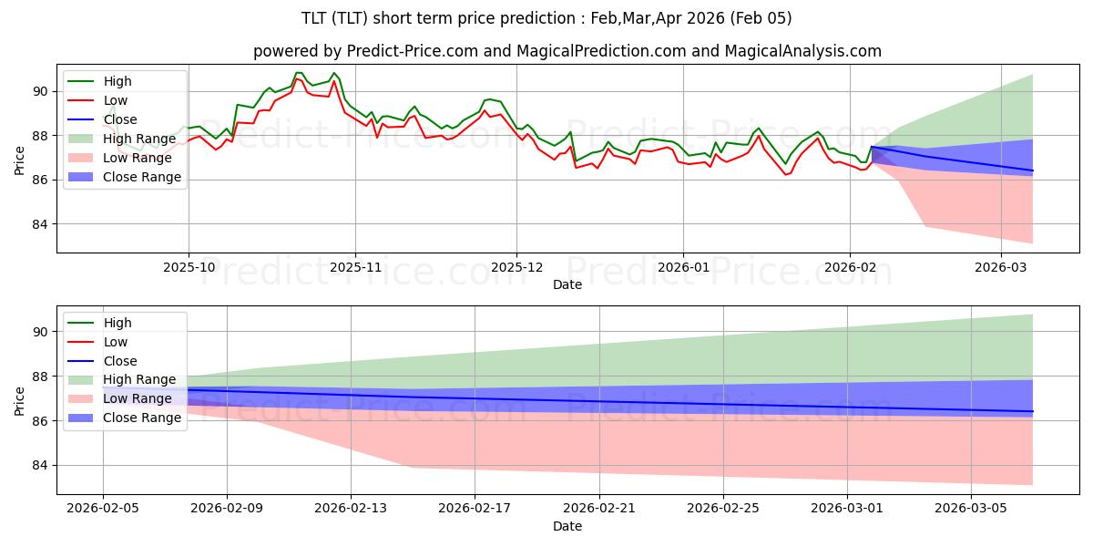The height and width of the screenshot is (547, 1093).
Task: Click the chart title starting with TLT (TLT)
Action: (x=546, y=18)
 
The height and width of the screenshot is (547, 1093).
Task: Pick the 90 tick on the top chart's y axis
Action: (x=39, y=91)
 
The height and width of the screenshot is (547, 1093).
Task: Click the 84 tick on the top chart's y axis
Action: (x=39, y=224)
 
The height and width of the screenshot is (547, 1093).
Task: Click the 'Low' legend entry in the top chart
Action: (x=117, y=100)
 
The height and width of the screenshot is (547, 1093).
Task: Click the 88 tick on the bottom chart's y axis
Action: (x=39, y=377)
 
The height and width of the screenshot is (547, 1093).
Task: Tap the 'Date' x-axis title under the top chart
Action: (x=567, y=285)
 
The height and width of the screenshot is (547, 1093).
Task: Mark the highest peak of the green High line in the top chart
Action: (x=298, y=72)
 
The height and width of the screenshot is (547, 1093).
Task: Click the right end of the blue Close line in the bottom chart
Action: (x=1032, y=411)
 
